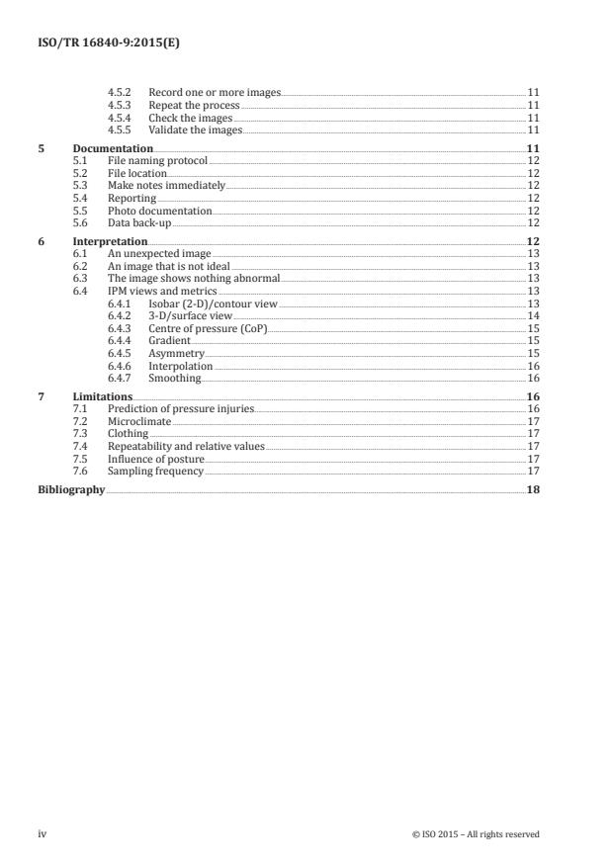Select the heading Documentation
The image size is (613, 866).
click(x=113, y=149)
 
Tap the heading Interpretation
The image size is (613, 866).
click(x=110, y=241)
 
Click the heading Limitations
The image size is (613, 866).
click(x=103, y=396)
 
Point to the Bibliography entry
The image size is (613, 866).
click(x=71, y=489)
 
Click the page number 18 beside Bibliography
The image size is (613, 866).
click(x=533, y=489)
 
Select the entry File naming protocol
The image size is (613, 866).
click(x=158, y=159)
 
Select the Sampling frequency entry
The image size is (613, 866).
click(x=155, y=471)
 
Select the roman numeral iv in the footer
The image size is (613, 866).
click(x=43, y=834)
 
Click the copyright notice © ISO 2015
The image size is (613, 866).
click(x=475, y=834)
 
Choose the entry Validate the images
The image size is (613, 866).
click(x=190, y=130)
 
